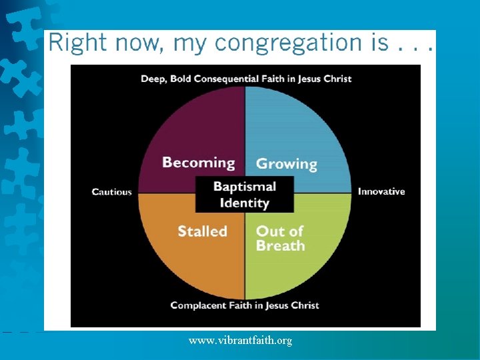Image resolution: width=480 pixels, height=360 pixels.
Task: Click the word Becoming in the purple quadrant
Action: [x=199, y=163]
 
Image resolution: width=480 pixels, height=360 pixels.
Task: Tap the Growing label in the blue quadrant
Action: [x=287, y=163]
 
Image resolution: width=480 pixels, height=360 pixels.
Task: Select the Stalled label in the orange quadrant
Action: [x=202, y=231]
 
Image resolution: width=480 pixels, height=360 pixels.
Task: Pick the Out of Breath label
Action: [x=281, y=238]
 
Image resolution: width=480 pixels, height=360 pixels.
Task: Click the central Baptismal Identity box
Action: [x=244, y=195]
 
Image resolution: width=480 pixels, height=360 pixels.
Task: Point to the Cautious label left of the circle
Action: [x=112, y=192]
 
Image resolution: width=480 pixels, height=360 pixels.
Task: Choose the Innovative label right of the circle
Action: [x=381, y=191]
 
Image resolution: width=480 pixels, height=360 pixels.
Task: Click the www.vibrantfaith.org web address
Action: [x=240, y=341]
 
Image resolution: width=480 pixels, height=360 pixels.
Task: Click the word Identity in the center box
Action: [x=244, y=203]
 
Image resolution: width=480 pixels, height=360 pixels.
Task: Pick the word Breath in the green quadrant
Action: [x=281, y=246]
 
